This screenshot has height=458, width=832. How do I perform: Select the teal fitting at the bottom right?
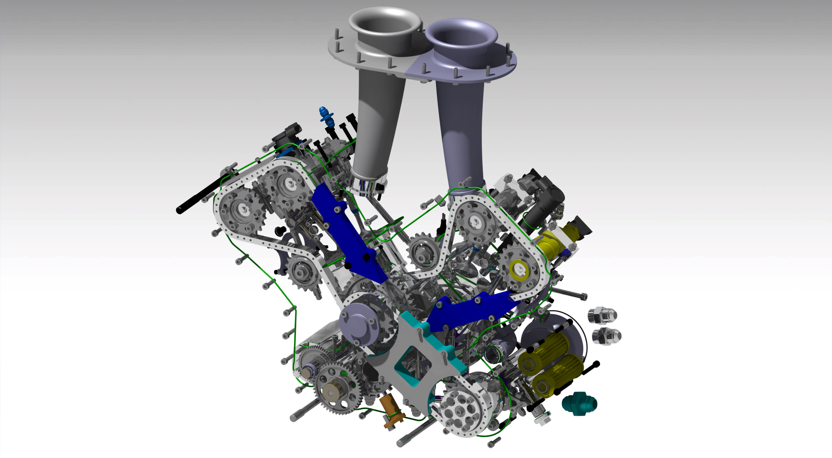pos(579,404)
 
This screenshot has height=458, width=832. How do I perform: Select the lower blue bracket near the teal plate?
pos(472,310)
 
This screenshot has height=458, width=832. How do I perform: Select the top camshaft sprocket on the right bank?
pos(474,221)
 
